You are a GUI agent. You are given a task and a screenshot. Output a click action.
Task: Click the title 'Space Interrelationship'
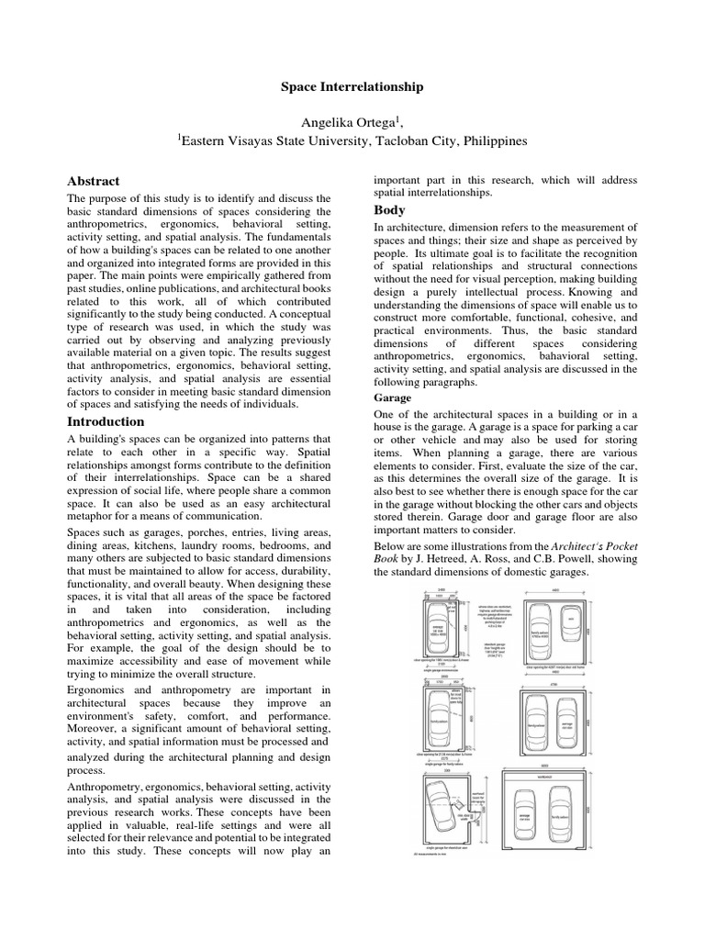tap(352, 86)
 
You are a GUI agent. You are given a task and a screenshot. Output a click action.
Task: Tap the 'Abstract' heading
tap(94, 181)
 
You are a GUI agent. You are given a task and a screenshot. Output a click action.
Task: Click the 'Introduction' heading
tap(106, 421)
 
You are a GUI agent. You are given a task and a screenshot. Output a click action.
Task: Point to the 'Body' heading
tap(389, 210)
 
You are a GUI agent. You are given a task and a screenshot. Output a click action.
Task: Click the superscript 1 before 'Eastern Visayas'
tap(180, 137)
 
